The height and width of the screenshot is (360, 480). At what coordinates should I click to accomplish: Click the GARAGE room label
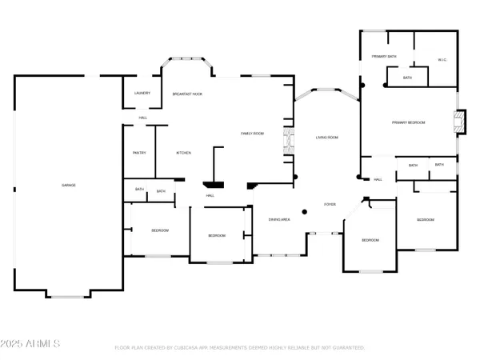[69, 185]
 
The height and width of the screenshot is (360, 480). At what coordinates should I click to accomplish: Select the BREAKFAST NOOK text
[188, 94]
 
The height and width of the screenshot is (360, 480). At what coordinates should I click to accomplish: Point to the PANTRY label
[138, 153]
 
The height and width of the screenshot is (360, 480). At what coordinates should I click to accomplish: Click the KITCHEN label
[182, 153]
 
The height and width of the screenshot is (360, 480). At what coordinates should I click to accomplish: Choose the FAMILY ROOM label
[253, 134]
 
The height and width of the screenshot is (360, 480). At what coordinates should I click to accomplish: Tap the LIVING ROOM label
[326, 138]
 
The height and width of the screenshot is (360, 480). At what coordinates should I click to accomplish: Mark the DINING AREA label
[278, 219]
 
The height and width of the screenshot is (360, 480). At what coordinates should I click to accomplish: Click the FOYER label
[329, 205]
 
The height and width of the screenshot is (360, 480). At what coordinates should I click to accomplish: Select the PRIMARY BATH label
[385, 57]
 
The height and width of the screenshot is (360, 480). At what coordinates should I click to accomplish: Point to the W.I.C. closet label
[442, 59]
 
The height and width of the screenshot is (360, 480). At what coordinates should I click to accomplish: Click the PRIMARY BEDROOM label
[408, 122]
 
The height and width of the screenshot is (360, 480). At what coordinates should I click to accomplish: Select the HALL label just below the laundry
[142, 118]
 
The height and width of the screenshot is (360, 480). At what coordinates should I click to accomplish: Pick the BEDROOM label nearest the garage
[160, 230]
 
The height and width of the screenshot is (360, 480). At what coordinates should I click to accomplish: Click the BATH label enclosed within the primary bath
[407, 78]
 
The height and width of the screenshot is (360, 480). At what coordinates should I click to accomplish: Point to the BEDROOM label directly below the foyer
[369, 240]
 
